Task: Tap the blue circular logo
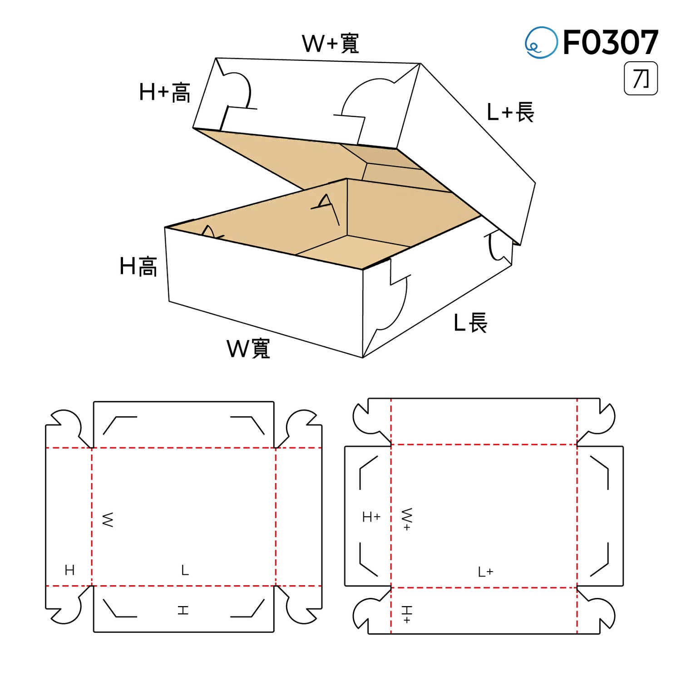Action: tap(541, 42)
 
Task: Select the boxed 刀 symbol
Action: tap(641, 79)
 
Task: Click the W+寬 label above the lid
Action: tap(331, 44)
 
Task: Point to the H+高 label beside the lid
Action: tap(165, 92)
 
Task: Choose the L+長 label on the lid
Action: tap(510, 112)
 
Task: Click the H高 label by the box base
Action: tap(138, 266)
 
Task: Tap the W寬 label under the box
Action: tap(248, 349)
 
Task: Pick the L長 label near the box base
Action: tap(471, 323)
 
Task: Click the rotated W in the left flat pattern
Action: tap(108, 520)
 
